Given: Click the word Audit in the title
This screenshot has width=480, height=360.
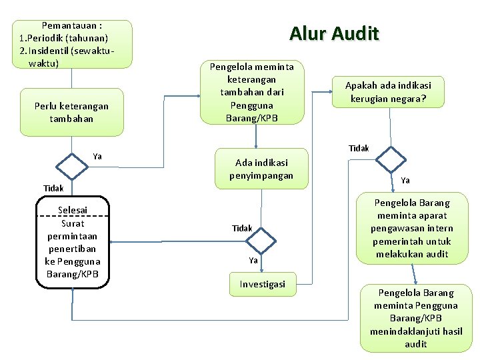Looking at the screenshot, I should coord(355,33).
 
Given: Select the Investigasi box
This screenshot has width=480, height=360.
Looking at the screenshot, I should coord(262,284).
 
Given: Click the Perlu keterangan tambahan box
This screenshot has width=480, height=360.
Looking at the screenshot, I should coord(71,112).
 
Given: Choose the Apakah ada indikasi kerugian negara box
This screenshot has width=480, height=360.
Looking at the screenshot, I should coord(388,92).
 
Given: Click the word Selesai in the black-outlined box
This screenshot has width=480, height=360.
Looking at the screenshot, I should coord(72,211).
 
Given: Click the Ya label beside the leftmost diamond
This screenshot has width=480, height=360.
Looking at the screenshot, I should coord(97,157).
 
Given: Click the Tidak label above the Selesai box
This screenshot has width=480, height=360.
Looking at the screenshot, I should coord(54,189).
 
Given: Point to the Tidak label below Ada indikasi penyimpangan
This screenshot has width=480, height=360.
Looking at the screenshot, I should coord(242,229).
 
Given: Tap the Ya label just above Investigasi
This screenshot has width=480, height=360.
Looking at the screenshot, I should coord(253,261).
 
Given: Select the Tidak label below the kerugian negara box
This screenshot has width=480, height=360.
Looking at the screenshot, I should coord(359,148).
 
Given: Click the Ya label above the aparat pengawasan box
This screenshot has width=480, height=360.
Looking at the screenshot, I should coord(405,181).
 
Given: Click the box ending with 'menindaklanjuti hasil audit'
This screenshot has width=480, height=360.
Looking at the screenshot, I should coord(416,319).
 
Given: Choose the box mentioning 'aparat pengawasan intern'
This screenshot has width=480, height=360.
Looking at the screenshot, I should coord(413,228).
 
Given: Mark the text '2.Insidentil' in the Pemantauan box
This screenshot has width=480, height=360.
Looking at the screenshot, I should coord(44,51).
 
